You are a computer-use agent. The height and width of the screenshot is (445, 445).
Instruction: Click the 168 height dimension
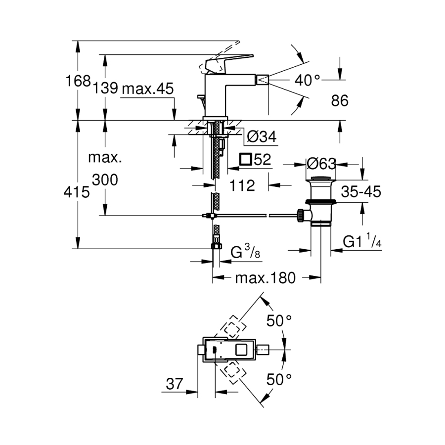(79, 81)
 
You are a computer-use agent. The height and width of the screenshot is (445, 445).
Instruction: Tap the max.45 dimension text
(148, 89)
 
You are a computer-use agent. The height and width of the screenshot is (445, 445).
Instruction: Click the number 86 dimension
(339, 101)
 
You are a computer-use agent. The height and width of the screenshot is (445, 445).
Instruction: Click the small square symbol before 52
(245, 159)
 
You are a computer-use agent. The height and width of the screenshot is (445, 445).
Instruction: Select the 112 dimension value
(243, 185)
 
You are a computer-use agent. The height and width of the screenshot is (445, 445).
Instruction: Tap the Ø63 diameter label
(321, 164)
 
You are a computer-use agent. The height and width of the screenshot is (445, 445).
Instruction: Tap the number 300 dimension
(105, 180)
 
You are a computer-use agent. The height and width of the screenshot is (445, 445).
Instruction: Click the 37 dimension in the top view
(174, 384)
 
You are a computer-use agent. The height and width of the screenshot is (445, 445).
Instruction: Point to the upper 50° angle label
(279, 320)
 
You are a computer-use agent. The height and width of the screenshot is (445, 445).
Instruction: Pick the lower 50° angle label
(279, 380)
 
